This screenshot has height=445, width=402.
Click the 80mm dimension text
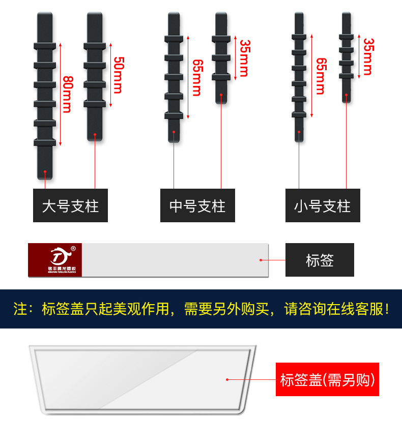click(x=67, y=94)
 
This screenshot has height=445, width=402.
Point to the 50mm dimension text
click(x=117, y=75)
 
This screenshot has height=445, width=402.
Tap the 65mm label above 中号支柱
click(x=197, y=77)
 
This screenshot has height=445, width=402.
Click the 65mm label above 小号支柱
click(x=321, y=76)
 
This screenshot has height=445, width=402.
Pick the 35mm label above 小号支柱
click(x=368, y=56)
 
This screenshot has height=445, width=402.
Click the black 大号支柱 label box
click(x=70, y=205)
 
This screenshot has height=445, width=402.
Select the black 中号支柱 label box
click(x=197, y=205)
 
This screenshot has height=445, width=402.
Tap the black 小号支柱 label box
click(x=323, y=205)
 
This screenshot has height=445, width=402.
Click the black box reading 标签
click(x=320, y=260)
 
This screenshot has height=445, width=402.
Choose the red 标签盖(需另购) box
click(x=327, y=379)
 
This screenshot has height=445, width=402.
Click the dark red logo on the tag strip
click(x=55, y=260)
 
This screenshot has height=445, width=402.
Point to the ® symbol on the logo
click(x=73, y=249)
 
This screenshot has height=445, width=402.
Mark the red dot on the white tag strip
click(x=261, y=260)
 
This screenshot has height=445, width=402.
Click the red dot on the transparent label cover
click(x=227, y=379)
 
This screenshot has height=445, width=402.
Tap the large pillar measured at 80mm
click(x=45, y=96)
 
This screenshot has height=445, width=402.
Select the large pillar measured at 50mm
click(x=95, y=76)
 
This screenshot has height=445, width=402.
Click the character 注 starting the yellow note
click(x=20, y=309)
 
